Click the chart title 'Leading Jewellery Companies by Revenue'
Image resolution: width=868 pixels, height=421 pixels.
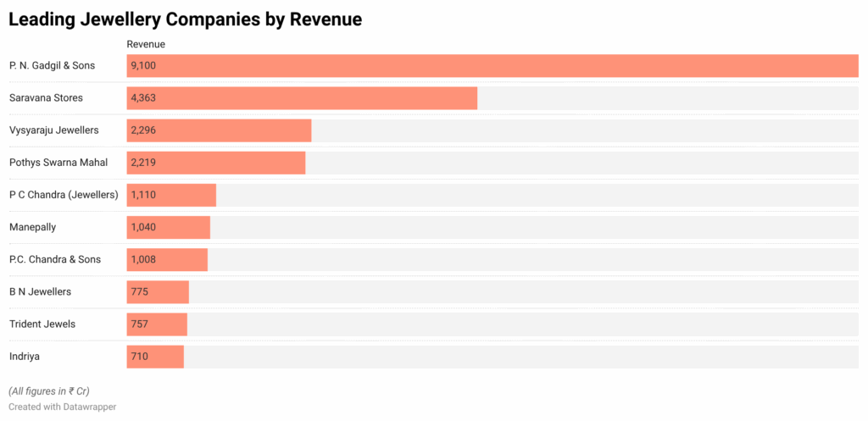pos(186,19)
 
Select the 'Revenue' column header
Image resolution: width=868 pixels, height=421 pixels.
pos(146,44)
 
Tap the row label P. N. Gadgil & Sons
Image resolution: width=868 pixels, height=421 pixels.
pos(52,65)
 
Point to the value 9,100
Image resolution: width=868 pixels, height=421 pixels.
pos(143,65)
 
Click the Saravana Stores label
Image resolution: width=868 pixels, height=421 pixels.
pos(46,97)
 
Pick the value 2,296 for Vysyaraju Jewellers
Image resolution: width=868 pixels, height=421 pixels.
pos(143,130)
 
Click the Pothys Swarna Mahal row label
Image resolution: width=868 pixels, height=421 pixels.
pos(58,162)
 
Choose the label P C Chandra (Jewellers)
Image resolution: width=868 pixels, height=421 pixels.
pos(64,195)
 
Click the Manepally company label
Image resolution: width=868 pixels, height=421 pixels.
pos(34,227)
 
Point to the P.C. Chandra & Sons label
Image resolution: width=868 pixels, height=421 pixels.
pos(56,259)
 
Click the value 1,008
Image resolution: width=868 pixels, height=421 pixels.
pos(143,259)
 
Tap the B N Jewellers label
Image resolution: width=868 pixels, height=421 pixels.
pos(40,291)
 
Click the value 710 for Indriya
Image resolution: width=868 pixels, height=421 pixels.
pos(140,357)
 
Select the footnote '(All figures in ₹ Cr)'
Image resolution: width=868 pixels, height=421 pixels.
pos(49,391)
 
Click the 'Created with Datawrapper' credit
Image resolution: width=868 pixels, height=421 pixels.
pos(62,407)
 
